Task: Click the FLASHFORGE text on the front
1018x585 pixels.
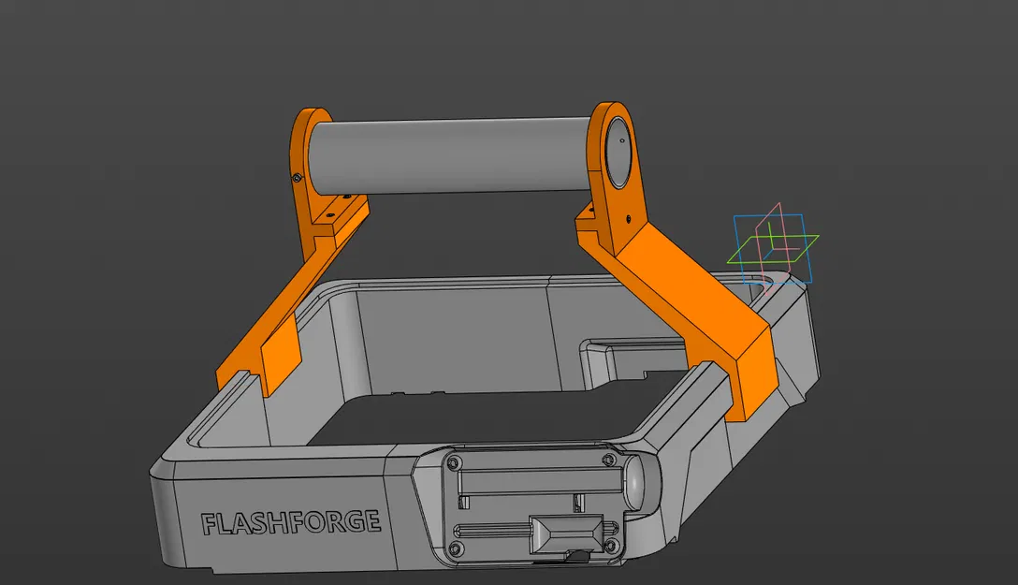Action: click(291, 522)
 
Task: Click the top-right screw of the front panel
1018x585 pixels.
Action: click(609, 461)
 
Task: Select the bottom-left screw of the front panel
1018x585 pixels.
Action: click(457, 547)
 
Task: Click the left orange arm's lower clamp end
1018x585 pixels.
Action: click(279, 360)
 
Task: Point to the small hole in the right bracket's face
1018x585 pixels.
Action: click(626, 217)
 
